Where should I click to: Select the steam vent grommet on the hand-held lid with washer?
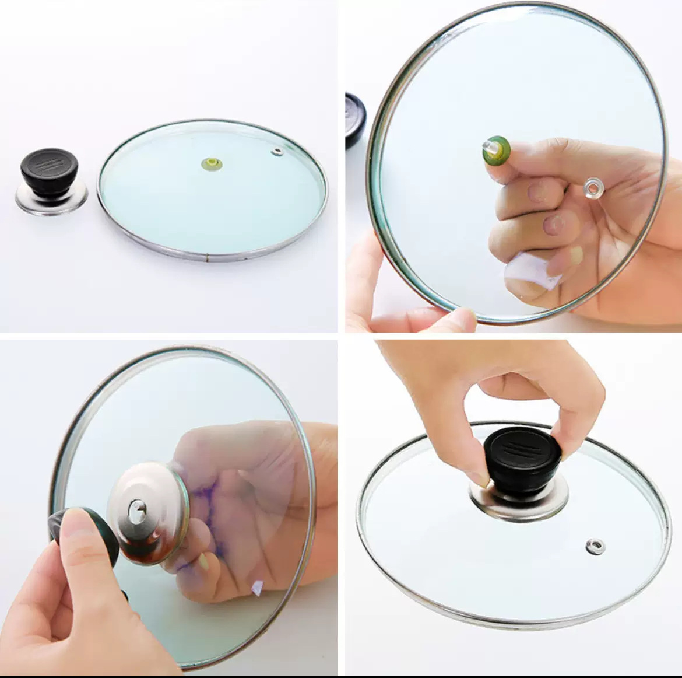593,188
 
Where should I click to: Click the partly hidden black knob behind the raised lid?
355,120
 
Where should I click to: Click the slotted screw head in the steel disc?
138,512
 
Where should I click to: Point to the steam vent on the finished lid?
595,546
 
